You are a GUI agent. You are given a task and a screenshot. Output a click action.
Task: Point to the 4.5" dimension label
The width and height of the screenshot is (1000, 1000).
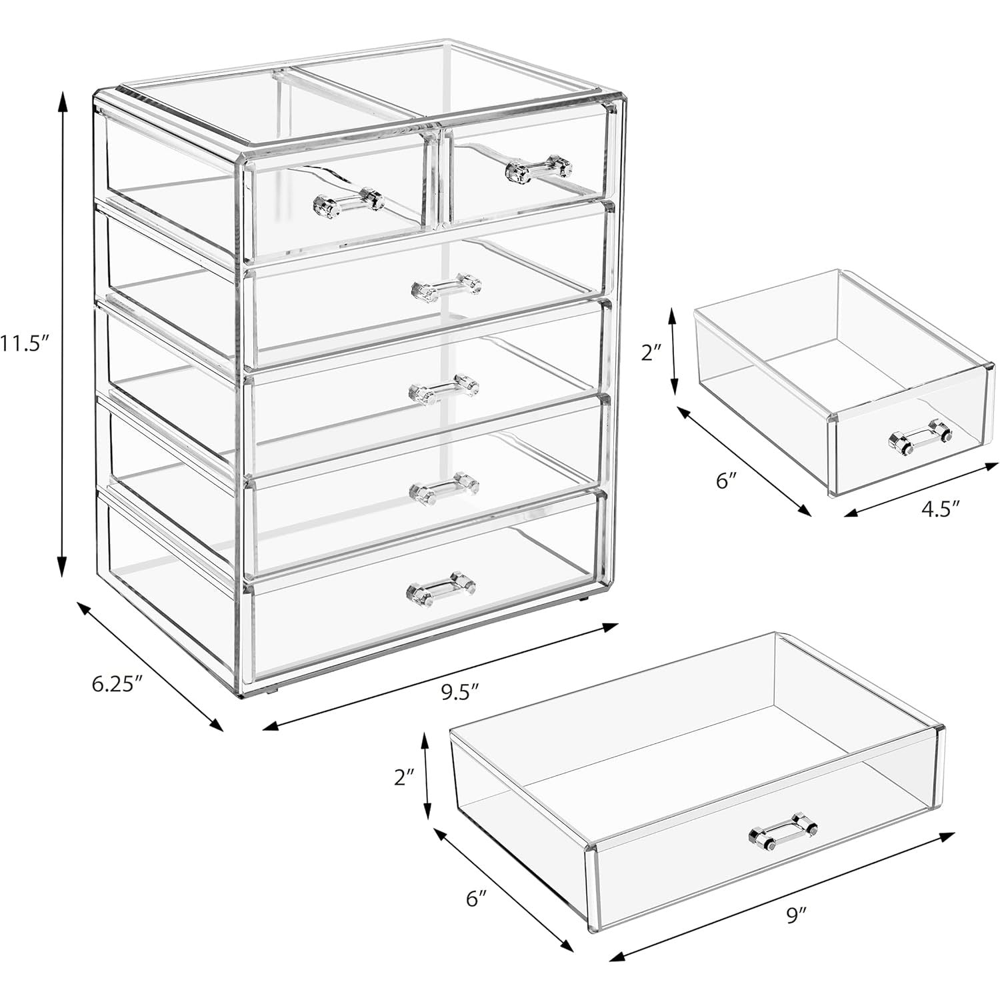point(939,509)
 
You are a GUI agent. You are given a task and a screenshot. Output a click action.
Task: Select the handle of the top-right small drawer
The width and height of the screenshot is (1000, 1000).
point(538,169)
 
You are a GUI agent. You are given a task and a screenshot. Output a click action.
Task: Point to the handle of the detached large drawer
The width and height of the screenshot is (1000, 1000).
point(783,831)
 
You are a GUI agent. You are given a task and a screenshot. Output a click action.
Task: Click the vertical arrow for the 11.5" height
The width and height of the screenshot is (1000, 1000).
point(63,333)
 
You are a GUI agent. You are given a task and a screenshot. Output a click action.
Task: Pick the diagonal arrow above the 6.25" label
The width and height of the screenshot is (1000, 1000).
point(150,666)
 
